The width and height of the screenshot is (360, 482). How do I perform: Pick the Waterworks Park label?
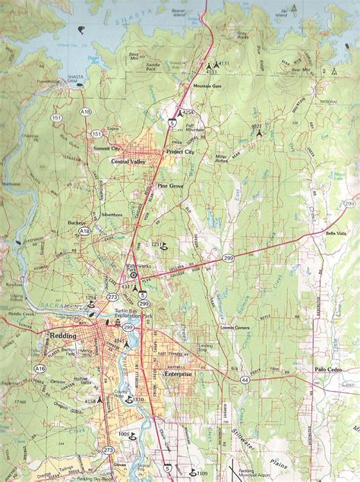(x=137, y=269)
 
